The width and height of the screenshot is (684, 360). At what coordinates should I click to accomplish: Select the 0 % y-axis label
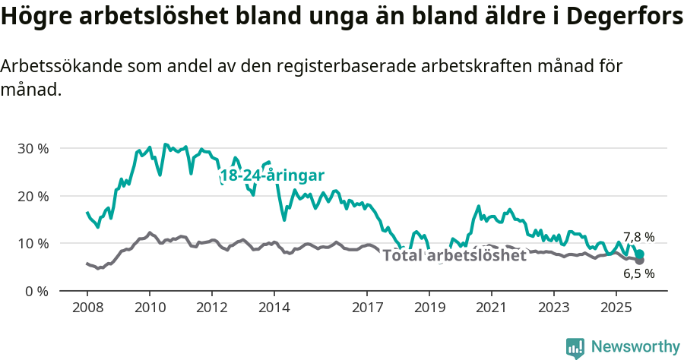(x=36, y=291)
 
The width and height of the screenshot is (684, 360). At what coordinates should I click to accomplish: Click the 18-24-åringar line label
(x=272, y=176)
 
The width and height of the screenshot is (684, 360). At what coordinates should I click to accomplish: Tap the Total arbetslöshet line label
(x=454, y=256)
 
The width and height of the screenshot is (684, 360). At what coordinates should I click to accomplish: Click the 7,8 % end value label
(x=639, y=237)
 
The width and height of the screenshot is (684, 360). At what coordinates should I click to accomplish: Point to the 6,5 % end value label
(x=639, y=273)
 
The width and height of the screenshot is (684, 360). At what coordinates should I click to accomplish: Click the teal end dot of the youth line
(x=640, y=254)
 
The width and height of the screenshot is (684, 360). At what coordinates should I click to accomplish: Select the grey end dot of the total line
(x=640, y=261)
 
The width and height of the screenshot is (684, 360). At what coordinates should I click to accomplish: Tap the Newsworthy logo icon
(x=575, y=347)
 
